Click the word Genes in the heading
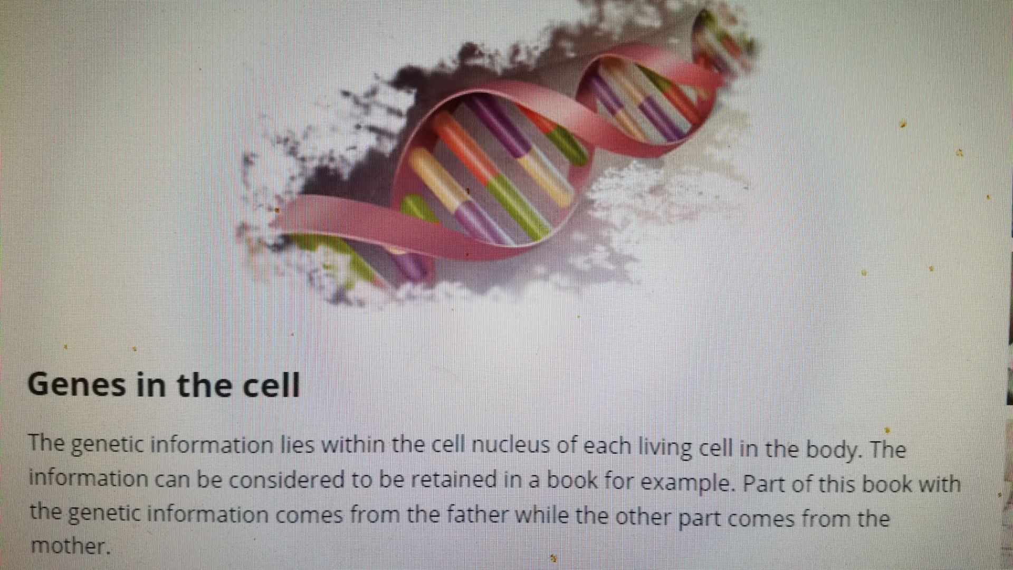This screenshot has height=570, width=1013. point(77,385)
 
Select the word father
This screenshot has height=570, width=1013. point(477,514)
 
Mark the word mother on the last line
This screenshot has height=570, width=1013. point(71,546)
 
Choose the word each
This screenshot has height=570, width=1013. point(608,447)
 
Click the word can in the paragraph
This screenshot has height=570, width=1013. point(173,479)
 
